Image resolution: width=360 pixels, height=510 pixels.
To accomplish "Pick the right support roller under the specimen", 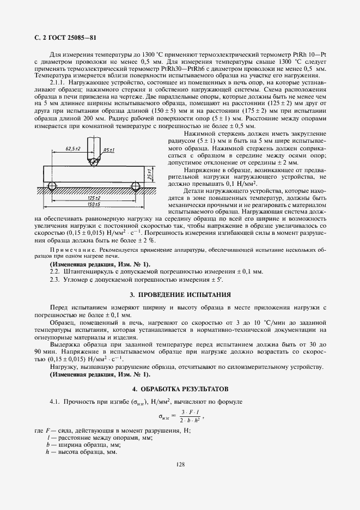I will pyautogui.click(x=134, y=186).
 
